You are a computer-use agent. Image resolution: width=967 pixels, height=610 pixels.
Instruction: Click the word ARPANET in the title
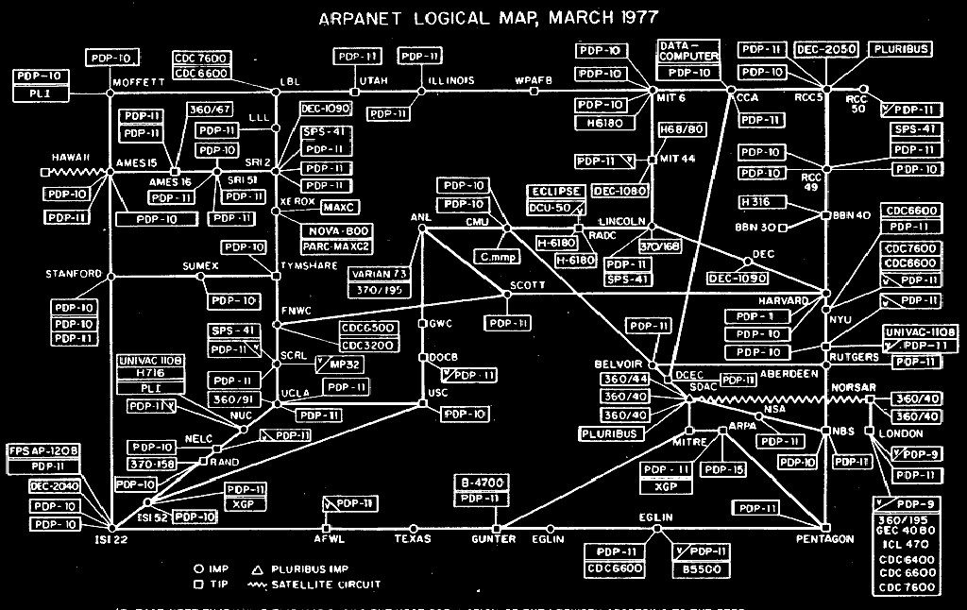pos(362,17)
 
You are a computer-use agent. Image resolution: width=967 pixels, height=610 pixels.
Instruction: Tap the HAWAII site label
pos(72,157)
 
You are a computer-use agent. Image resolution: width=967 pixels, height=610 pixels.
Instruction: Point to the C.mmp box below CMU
pos(497,254)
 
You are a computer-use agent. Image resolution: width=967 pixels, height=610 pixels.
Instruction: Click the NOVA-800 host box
pos(336,231)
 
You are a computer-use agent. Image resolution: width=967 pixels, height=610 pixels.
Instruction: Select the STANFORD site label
pos(73,274)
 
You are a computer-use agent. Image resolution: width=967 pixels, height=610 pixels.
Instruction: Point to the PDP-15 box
pos(725,469)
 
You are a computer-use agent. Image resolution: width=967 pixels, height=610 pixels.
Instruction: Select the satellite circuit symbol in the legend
pos(265,585)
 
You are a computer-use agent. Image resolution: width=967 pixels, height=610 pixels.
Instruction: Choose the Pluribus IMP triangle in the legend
pos(256,569)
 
